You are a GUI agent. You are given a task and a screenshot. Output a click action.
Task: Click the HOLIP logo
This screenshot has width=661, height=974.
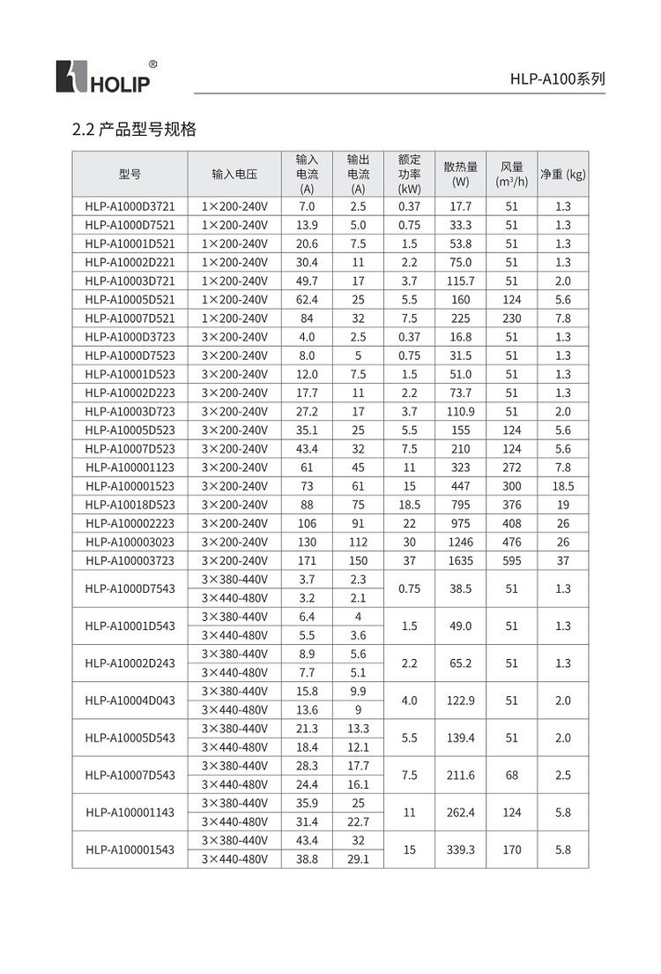point(104,77)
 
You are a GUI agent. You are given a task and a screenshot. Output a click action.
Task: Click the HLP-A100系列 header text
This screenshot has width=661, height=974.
point(557,79)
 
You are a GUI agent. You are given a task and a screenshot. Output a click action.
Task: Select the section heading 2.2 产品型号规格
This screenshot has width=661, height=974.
point(134,130)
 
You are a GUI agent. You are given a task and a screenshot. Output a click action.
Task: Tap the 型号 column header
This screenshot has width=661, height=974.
point(130,174)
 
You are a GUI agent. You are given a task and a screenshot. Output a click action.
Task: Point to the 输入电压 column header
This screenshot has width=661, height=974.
point(234,174)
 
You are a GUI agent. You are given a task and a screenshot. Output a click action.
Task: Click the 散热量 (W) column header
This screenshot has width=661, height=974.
point(460,174)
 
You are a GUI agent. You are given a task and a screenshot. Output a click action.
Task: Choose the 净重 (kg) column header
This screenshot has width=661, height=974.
point(562,174)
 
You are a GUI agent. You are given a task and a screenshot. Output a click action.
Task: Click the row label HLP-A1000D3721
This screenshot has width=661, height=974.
point(130,206)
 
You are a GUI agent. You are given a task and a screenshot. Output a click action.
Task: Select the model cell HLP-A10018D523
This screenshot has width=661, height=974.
point(130,505)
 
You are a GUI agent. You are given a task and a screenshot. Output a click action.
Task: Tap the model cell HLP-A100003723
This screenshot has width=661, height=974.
point(130,560)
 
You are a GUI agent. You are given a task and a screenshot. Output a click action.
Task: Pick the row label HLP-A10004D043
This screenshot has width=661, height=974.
point(130,701)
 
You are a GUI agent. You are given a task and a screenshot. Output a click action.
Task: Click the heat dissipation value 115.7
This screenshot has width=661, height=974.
point(460,281)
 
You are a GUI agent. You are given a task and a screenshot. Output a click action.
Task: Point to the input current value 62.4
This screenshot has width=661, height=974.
point(307,299)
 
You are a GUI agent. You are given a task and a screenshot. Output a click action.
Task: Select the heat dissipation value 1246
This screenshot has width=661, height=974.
point(460,542)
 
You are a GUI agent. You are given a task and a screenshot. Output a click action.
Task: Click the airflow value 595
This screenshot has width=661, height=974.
point(511,560)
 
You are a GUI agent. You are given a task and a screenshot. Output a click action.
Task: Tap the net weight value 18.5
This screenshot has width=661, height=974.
point(562,486)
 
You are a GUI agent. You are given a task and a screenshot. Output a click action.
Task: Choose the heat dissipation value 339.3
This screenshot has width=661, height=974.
point(460,850)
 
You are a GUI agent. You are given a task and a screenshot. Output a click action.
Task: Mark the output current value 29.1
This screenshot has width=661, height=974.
point(358,858)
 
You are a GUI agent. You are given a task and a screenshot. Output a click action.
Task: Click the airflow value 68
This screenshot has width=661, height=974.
point(511,775)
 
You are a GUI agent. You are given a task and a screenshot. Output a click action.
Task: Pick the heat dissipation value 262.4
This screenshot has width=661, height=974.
point(460,812)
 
